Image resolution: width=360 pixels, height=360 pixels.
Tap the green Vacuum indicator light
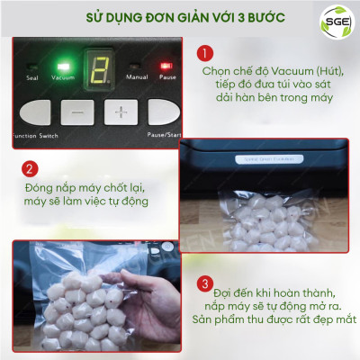[x=63, y=66]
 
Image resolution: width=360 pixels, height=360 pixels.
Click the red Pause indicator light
[x=166, y=66]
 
